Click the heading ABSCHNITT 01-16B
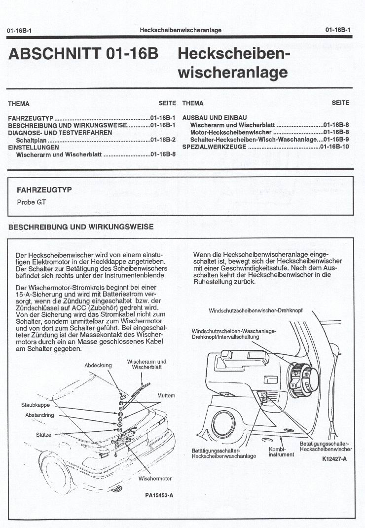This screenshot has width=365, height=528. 83,54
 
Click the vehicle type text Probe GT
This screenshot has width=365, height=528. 32,202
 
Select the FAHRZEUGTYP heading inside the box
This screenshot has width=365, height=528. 44,189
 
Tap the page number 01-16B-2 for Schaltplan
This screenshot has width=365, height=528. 163,140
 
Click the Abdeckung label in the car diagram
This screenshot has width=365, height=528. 98,366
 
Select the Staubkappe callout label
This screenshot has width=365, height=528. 36,405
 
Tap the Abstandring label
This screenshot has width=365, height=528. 39,415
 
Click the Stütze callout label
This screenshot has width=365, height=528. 44,435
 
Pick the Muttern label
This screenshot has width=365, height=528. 166,396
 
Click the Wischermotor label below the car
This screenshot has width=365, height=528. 155,479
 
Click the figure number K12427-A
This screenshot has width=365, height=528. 334,459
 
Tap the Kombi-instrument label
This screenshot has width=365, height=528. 282,452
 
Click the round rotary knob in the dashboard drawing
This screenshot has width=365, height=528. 302,379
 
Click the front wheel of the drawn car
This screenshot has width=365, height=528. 59,475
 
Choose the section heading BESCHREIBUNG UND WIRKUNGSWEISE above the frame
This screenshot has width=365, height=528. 81,227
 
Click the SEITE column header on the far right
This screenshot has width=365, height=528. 340,103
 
